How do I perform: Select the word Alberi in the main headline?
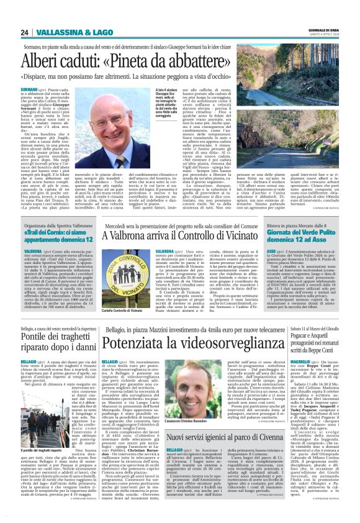pyautogui.click(x=43, y=61)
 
